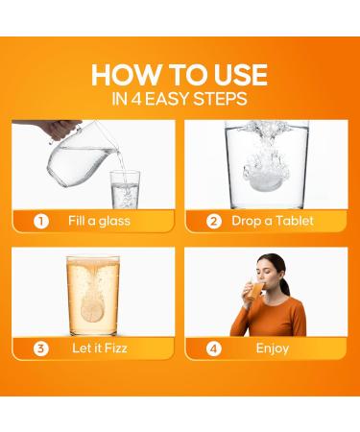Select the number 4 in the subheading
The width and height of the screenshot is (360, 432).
136,99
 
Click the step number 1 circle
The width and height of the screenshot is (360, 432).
41,221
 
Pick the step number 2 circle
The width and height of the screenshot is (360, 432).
214,221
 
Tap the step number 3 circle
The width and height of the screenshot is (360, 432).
41,348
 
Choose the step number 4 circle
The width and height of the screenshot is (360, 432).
214,348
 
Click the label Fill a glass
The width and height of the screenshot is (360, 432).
99,221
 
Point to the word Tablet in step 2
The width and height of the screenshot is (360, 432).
295,221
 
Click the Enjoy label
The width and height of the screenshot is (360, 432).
273,348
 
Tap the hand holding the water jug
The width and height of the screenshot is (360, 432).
60,129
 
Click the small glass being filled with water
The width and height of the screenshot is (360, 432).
125,190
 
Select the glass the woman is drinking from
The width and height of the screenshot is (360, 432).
255,290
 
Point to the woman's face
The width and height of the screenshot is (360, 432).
268,273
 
